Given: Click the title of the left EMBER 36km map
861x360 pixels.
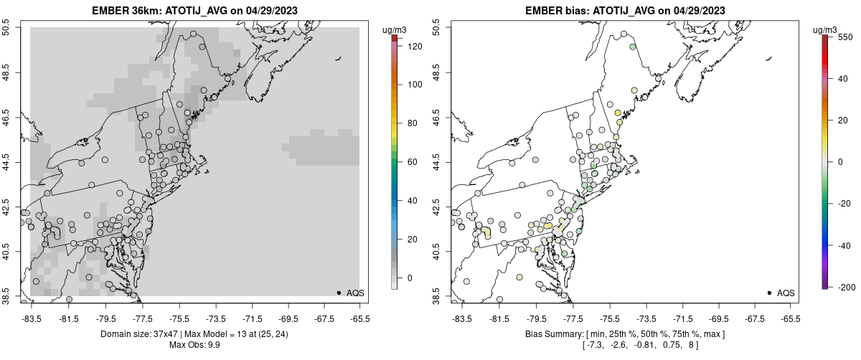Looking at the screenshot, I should pos(195,11).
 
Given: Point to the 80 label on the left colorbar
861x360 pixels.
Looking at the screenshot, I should pos(411,123).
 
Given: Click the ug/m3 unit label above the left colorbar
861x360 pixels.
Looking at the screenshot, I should pos(395,29).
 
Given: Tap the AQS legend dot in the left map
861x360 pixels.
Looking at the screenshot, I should pos(339,293).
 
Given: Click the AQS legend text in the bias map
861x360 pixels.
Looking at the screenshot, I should pos(786,293).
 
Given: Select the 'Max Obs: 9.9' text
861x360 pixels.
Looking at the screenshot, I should pos(195,346).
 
